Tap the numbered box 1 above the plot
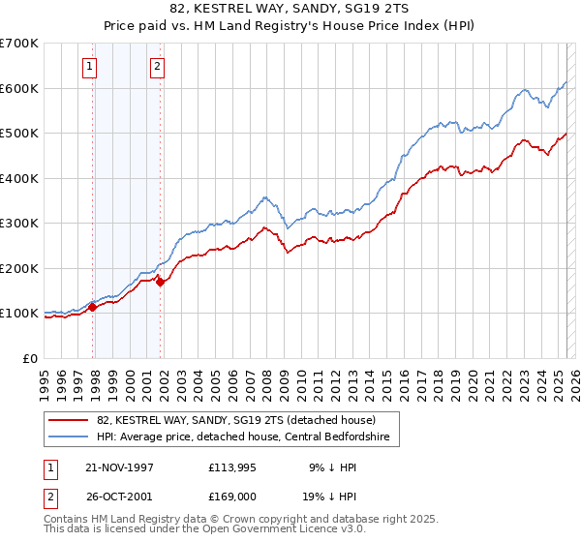click(x=89, y=67)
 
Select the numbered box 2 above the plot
click(x=156, y=67)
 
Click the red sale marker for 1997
click(x=93, y=308)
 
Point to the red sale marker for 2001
click(x=161, y=283)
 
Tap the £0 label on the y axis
click(x=29, y=358)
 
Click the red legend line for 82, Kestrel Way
click(x=69, y=420)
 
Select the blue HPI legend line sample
click(x=69, y=437)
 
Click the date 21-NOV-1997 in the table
click(x=120, y=467)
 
